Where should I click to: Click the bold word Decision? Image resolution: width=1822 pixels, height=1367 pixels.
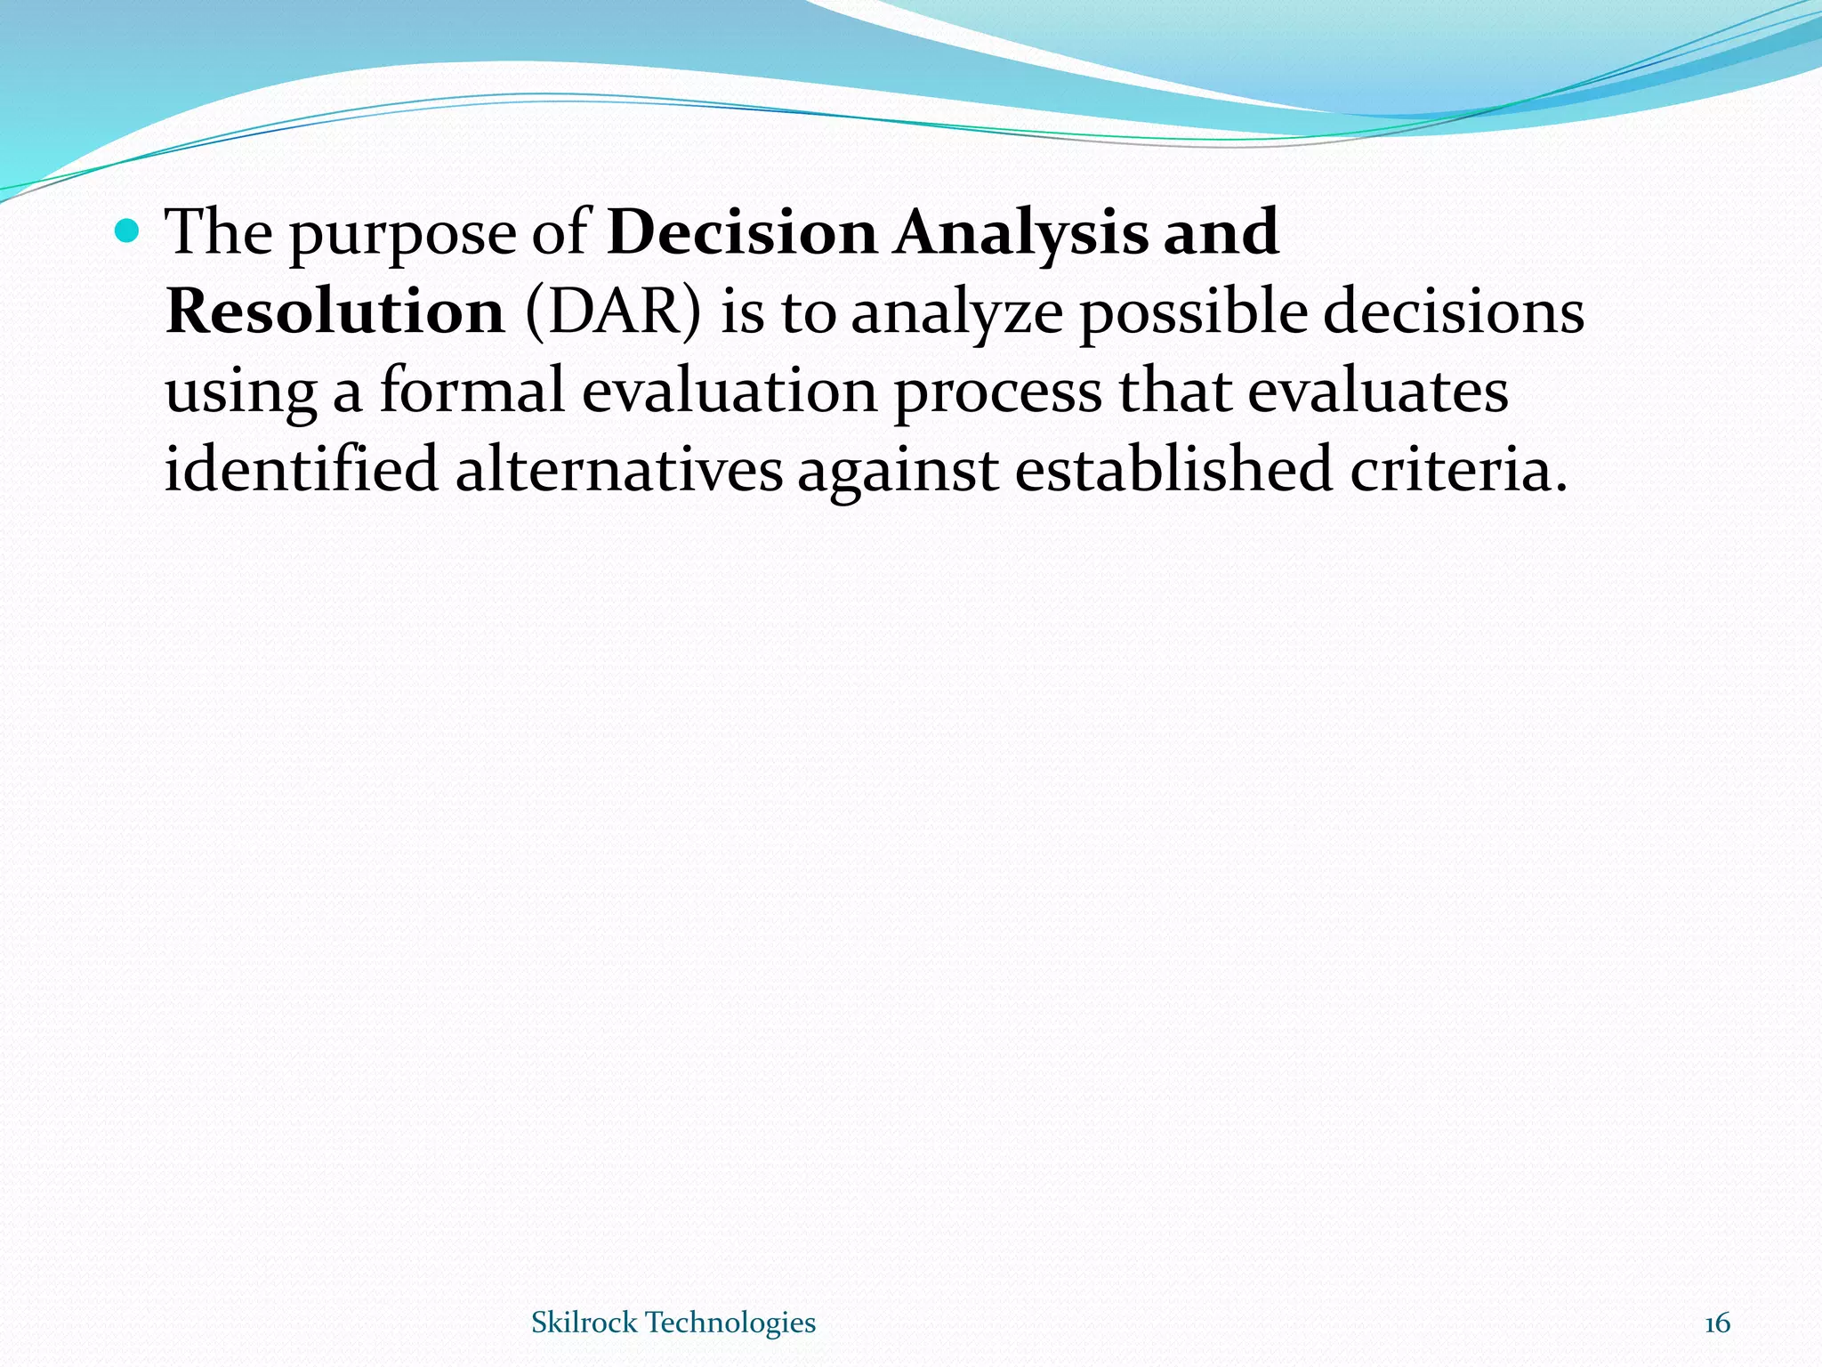pyautogui.click(x=742, y=232)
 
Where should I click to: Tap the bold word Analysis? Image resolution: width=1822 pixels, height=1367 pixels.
pyautogui.click(x=1020, y=232)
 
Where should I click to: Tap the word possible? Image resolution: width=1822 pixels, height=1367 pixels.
pyautogui.click(x=1192, y=313)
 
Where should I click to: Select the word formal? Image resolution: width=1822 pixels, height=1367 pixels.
pyautogui.click(x=472, y=391)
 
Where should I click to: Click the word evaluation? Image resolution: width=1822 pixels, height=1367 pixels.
pyautogui.click(x=730, y=391)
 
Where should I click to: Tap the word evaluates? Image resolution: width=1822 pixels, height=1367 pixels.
pyautogui.click(x=1378, y=391)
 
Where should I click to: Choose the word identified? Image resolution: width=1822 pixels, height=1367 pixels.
pyautogui.click(x=302, y=469)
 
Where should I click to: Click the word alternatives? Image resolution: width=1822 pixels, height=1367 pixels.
pyautogui.click(x=619, y=469)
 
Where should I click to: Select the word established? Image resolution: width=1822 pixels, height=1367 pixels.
pyautogui.click(x=1173, y=469)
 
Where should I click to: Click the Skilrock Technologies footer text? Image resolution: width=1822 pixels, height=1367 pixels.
pyautogui.click(x=673, y=1323)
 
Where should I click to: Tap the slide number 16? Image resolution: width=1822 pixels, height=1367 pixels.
pyautogui.click(x=1717, y=1323)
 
